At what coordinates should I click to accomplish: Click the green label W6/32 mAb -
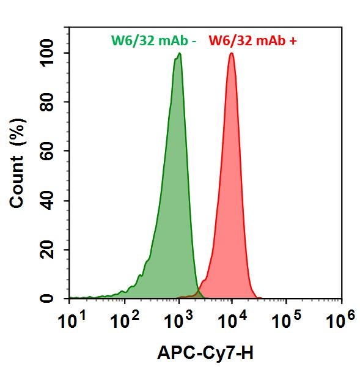[x=153, y=41]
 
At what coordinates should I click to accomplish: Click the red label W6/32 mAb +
[x=253, y=41]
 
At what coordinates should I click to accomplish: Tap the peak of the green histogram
[x=179, y=54]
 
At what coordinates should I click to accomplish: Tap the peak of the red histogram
[x=232, y=54]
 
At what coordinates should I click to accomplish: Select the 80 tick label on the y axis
[x=54, y=102]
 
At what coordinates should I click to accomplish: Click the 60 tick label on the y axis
[x=54, y=151]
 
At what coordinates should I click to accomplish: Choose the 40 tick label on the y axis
[x=54, y=201]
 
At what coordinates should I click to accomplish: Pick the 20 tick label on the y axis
[x=54, y=250]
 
